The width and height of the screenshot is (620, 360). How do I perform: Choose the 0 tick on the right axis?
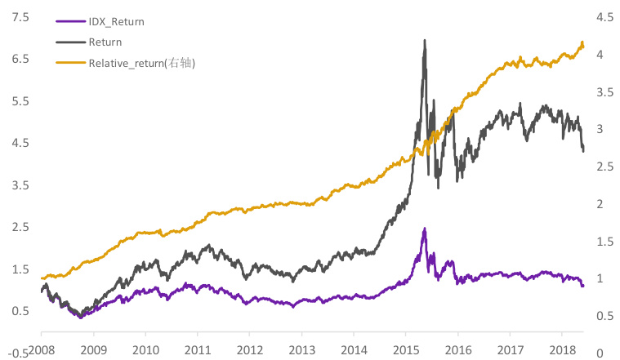(x=600, y=353)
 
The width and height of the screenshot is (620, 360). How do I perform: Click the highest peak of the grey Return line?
(x=424, y=40)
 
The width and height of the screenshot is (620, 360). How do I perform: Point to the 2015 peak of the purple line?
(x=424, y=229)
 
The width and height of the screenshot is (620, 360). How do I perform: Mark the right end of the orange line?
(x=583, y=45)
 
